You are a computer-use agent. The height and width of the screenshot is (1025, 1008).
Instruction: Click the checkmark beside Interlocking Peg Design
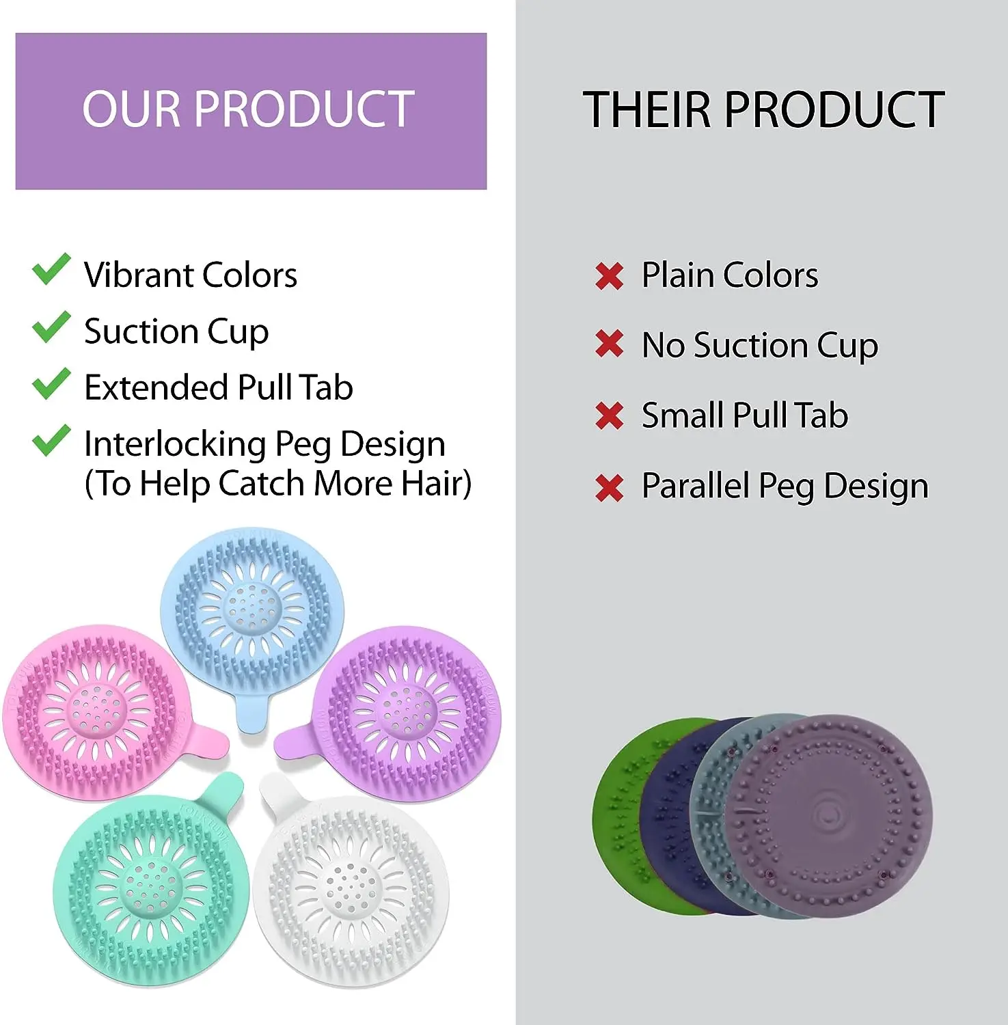click(51, 441)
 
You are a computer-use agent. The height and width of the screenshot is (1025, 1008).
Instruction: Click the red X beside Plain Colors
click(609, 277)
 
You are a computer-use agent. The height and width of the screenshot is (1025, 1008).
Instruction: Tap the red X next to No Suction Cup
click(609, 344)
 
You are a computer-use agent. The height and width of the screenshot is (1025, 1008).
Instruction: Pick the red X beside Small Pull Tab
click(609, 415)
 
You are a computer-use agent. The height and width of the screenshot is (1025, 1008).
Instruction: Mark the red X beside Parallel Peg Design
click(609, 488)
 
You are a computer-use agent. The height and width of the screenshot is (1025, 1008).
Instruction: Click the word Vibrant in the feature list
click(138, 275)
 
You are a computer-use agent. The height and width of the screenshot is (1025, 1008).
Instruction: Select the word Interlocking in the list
click(175, 444)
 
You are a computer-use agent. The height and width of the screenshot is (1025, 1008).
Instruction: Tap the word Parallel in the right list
click(695, 486)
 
